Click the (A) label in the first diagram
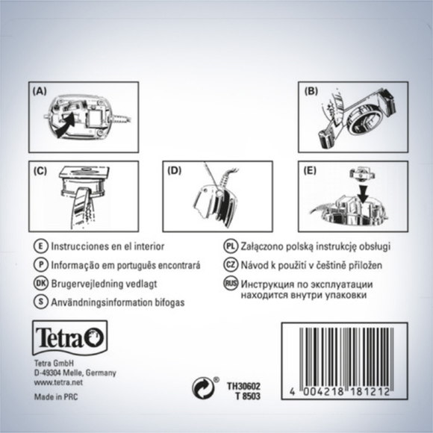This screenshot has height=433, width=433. coord(40,91)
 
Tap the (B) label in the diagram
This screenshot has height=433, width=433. coord(311,91)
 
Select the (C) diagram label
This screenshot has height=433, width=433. coord(40,171)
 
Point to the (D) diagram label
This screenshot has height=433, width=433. coord(175,171)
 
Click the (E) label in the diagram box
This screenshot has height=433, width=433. coord(310,171)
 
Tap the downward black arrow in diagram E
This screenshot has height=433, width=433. coord(363,195)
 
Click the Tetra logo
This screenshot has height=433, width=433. coord(69,337)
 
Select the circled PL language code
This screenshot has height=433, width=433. coord(230,246)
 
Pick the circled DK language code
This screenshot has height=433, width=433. coord(40,284)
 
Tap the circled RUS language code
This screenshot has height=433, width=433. coord(230,284)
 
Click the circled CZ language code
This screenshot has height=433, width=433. coord(230,264)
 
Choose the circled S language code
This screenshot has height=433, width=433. coord(40,302)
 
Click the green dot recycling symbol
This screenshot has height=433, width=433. coord(204,387)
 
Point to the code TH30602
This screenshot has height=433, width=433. coord(243,386)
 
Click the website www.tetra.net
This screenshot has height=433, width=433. coord(58,382)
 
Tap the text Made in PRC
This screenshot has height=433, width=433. coord(56,397)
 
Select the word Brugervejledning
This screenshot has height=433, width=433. coord(86,284)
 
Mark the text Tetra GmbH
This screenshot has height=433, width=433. coord(50,363)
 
